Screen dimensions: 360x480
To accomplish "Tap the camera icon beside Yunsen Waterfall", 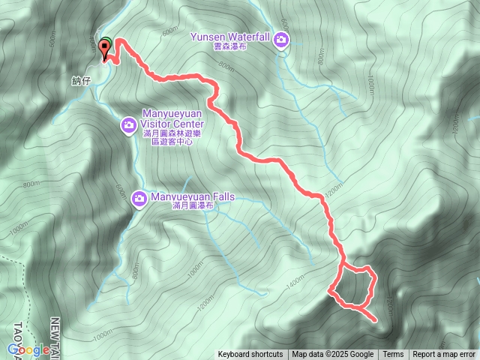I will coord(281,40).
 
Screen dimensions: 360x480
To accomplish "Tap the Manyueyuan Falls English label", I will coord(193,196).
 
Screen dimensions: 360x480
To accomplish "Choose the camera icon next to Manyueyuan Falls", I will coord(139,198).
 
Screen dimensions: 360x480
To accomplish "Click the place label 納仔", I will coord(82,80).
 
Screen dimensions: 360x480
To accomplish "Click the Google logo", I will coord(28,349).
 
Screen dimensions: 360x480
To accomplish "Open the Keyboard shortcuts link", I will coord(250,355).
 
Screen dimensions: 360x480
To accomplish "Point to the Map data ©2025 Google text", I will coord(333,355).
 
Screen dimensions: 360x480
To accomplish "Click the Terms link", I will coord(393,355).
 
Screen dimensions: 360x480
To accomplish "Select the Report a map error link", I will coord(444,355).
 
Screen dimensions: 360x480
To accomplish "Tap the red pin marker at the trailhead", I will coord(105,49).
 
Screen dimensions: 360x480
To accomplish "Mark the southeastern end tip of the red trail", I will coord(374,319).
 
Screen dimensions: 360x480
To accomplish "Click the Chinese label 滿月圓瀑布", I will coord(193,206).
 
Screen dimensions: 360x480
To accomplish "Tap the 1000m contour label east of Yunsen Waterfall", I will coord(370,85).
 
